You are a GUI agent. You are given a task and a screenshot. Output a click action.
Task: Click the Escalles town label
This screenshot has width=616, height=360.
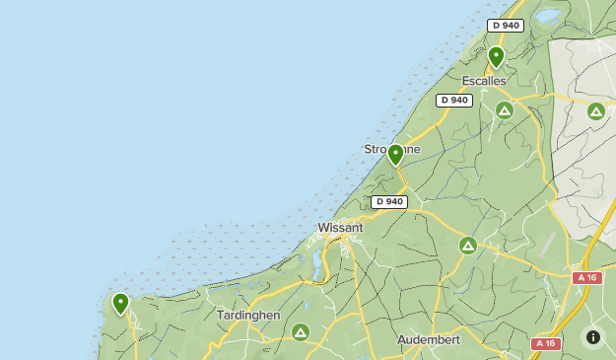coord(484,80)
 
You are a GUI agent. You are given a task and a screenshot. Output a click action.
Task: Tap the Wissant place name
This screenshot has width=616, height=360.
coord(340,228)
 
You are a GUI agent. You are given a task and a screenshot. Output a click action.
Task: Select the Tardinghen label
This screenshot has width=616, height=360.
coord(248,315)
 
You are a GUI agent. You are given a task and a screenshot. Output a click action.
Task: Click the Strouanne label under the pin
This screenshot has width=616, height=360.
coord(392,149)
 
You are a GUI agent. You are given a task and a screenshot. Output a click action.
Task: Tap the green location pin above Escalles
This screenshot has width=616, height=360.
coord(496,56)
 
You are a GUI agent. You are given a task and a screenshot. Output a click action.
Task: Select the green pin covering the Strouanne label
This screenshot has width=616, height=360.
coord(395,154)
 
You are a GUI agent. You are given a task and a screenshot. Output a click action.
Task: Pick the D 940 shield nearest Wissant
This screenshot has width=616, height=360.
coord(389,201)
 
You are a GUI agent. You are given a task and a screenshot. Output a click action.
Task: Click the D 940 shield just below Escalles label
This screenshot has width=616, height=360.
coord(454,100)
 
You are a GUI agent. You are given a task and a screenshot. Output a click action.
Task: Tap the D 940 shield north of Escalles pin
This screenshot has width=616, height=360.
coord(505,25)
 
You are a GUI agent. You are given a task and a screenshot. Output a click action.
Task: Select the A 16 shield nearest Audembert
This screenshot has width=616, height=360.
coord(546,343)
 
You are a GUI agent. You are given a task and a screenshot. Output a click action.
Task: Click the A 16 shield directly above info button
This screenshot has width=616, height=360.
coord(587,278)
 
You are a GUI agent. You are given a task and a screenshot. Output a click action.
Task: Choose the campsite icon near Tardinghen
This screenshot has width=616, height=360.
coord(300,331)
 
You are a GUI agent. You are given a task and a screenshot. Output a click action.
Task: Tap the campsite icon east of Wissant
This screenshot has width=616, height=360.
coord(467,245)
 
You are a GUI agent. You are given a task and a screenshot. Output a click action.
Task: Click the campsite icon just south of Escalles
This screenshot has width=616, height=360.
coord(505,109)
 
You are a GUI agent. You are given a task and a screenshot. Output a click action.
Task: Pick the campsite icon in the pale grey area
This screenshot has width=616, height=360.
coord(595,111)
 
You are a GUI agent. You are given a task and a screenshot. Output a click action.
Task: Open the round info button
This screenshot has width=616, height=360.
coord(592,336)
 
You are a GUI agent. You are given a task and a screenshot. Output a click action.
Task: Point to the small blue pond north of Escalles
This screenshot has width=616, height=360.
coord(547,16)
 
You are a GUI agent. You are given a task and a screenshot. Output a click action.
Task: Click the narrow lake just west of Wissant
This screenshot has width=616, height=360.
coord(315,262)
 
